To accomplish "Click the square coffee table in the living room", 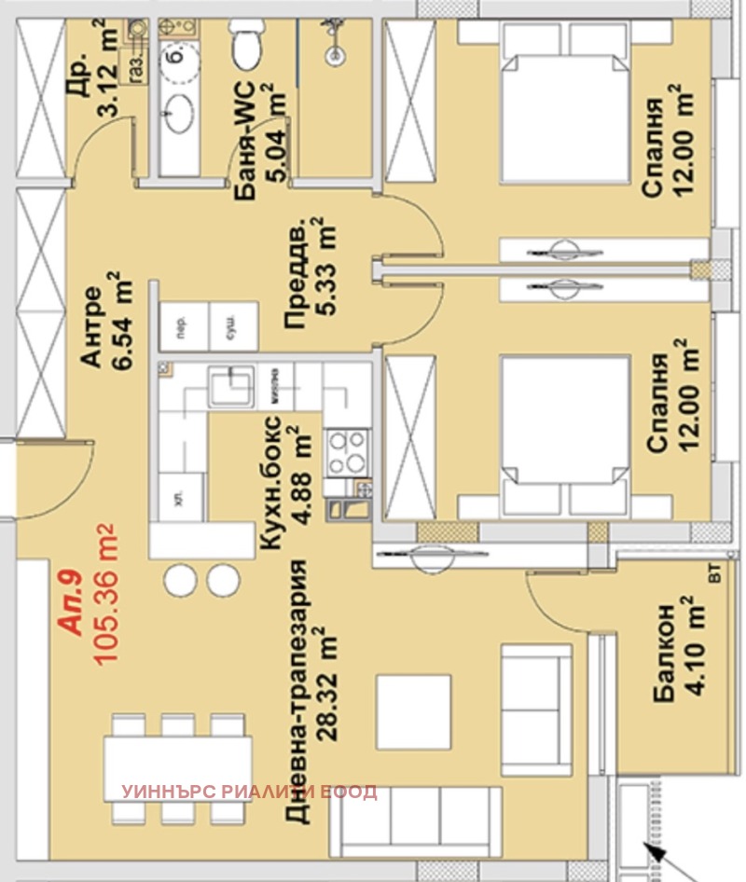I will pyautogui.click(x=412, y=709).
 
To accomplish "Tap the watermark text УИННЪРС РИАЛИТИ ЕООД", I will pyautogui.click(x=249, y=792).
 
